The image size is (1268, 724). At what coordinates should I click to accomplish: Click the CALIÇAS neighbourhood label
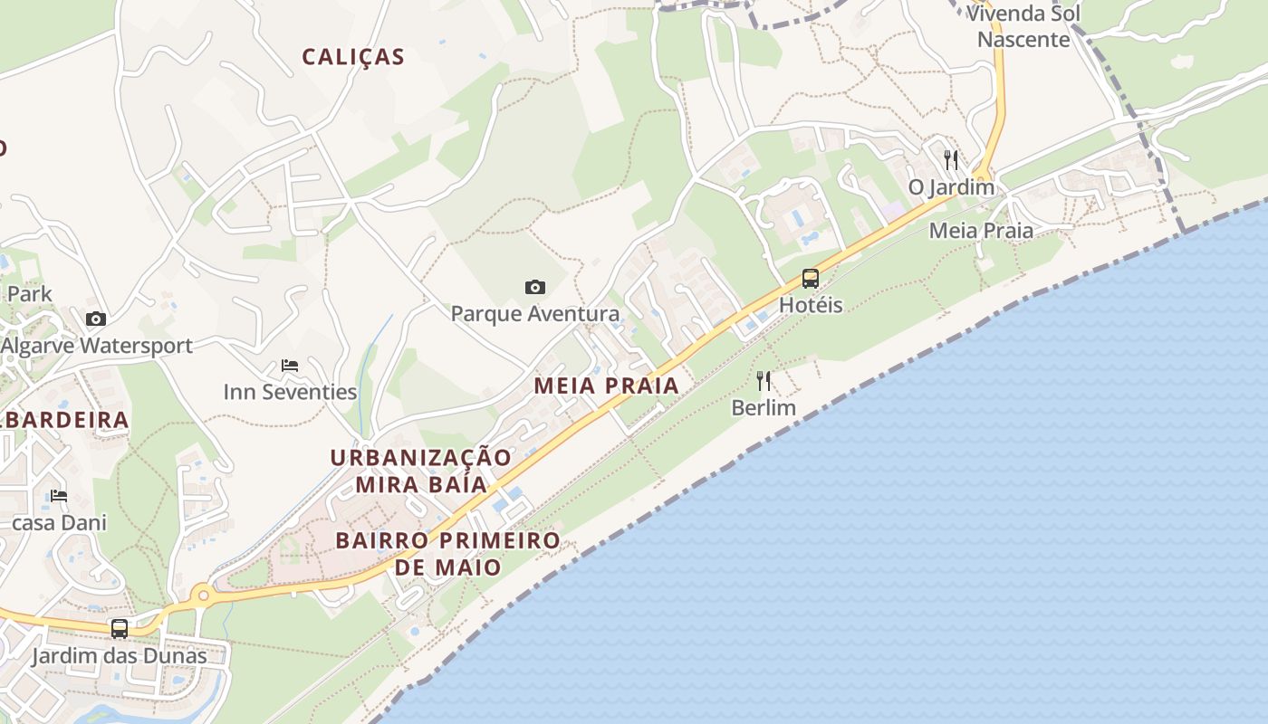click(353, 57)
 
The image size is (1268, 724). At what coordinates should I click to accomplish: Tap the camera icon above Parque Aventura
click(535, 288)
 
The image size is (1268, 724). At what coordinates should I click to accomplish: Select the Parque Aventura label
click(535, 314)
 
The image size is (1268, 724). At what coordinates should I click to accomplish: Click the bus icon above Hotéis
click(811, 279)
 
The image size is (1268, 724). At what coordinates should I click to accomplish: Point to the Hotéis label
click(811, 305)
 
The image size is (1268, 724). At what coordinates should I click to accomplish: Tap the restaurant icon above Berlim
click(764, 381)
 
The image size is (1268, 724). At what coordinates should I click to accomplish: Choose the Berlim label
click(764, 407)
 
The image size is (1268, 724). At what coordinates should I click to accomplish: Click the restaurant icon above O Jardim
click(951, 160)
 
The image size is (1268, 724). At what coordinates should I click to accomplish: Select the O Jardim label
click(951, 187)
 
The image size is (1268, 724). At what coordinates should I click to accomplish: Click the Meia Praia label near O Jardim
click(981, 231)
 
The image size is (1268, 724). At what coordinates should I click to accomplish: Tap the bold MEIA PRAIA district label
click(606, 386)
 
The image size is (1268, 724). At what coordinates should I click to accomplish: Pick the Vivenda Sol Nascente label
click(1023, 26)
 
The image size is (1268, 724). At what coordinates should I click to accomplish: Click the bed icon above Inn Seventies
click(290, 366)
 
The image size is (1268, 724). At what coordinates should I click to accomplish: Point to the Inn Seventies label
click(290, 392)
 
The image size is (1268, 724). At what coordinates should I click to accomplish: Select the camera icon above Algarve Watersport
click(96, 319)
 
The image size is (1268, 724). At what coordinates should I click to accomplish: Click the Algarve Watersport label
click(96, 346)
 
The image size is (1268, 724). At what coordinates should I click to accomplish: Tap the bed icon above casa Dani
click(59, 496)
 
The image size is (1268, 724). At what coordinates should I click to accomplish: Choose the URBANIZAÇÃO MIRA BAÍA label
click(421, 471)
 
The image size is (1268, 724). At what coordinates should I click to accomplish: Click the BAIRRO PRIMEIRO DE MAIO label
click(447, 554)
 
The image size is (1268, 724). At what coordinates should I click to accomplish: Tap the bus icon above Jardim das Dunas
click(120, 629)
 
